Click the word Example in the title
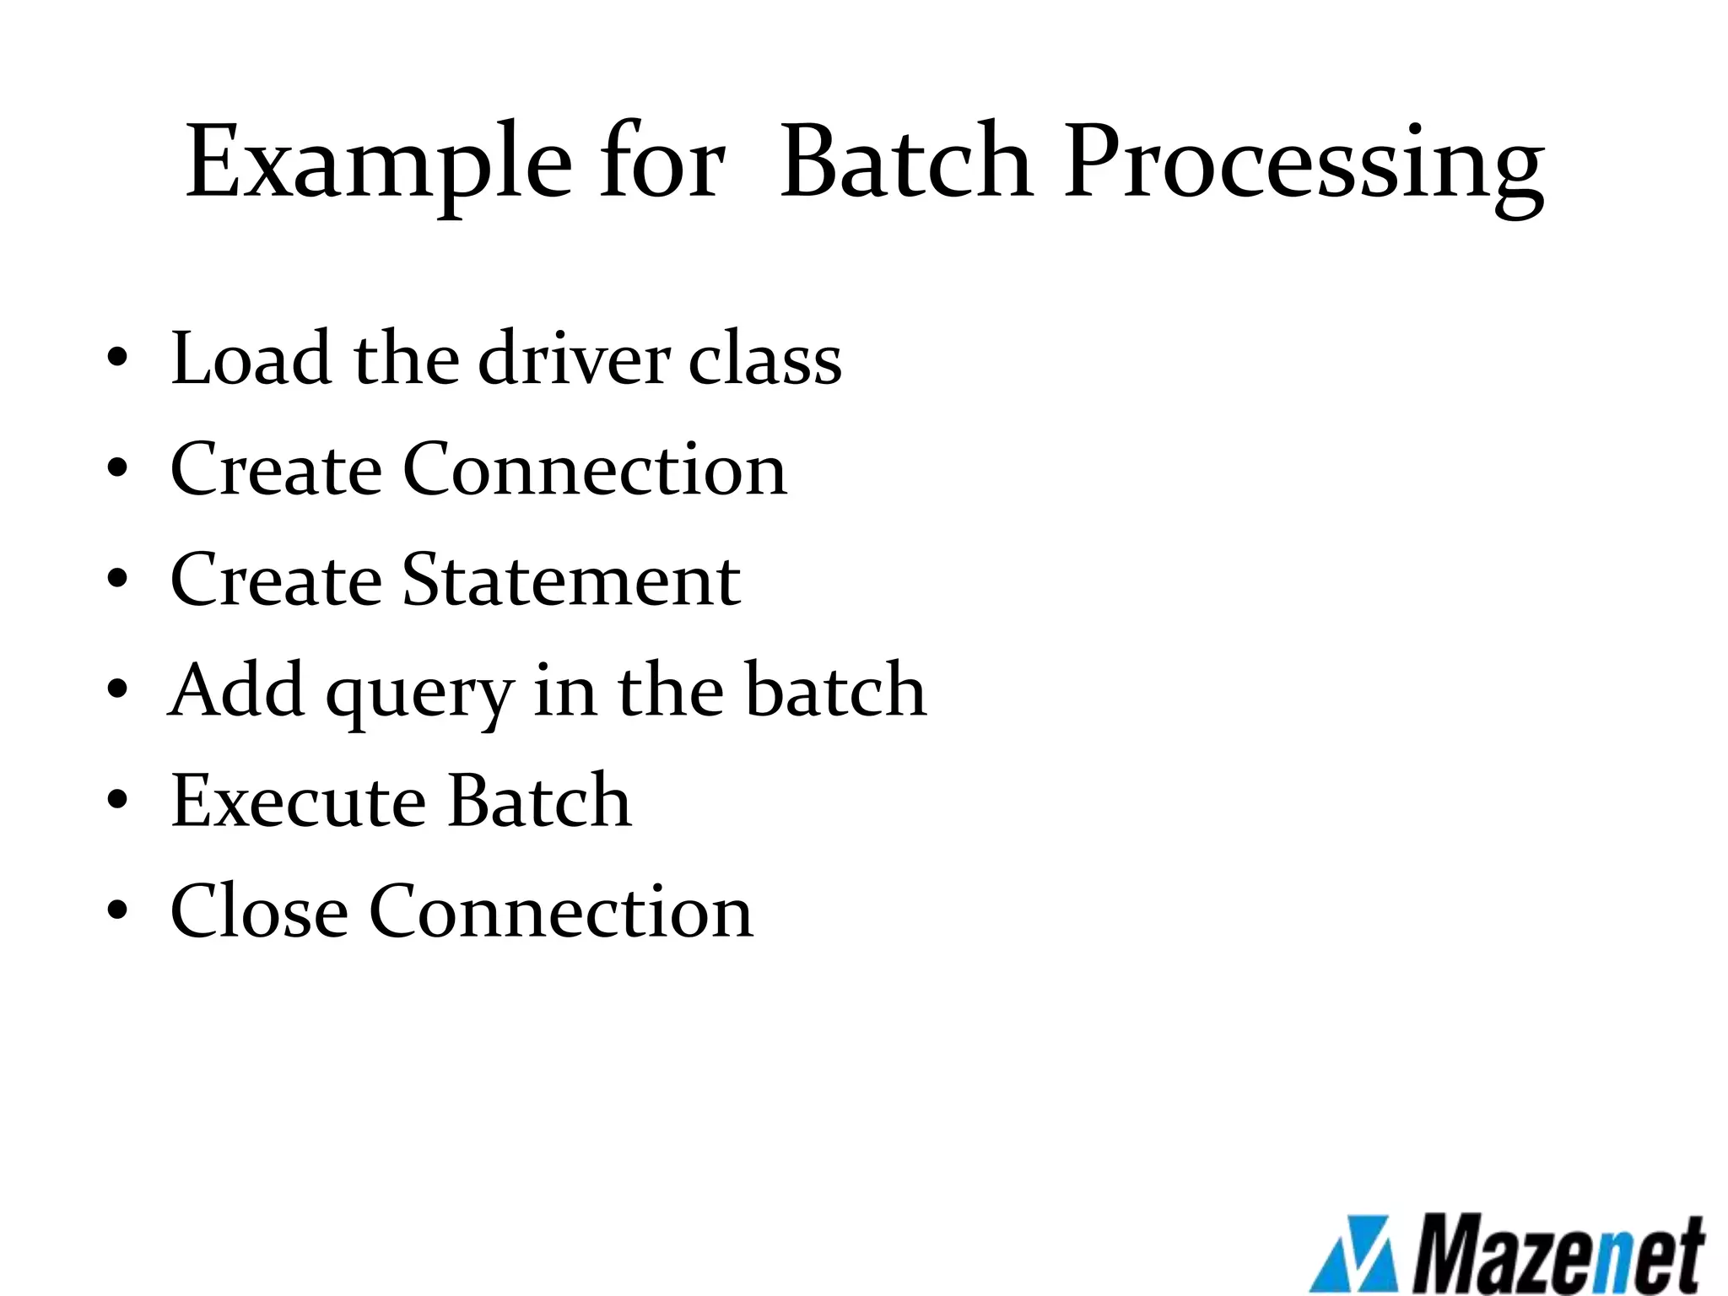378,162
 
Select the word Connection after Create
595,469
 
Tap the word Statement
571,580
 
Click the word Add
237,689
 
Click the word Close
259,910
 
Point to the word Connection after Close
561,910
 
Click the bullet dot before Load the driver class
117,359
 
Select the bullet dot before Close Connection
117,910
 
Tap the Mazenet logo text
1557,1255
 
